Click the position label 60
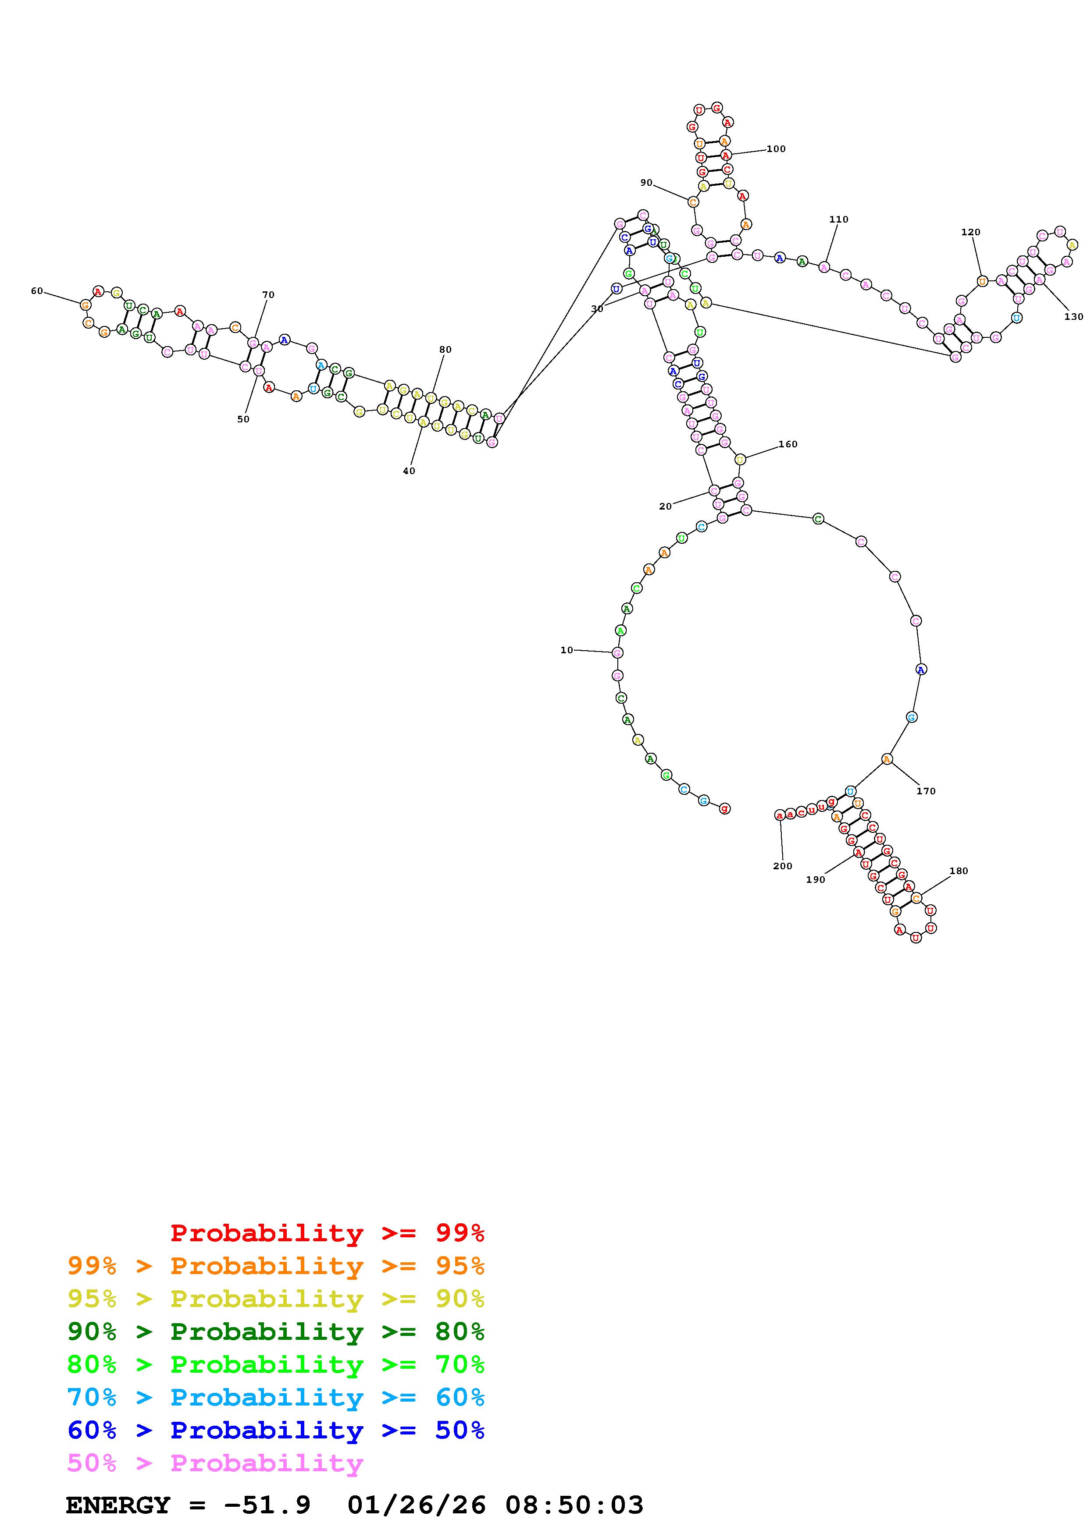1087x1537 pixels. pyautogui.click(x=37, y=291)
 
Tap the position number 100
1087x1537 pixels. pyautogui.click(x=776, y=149)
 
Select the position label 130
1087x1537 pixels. pyautogui.click(x=1073, y=317)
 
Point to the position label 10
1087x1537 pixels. pyautogui.click(x=567, y=650)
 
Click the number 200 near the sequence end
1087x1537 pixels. pyautogui.click(x=782, y=866)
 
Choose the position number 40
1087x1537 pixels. pyautogui.click(x=409, y=471)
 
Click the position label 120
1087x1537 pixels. pyautogui.click(x=970, y=232)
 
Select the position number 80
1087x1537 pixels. pyautogui.click(x=445, y=350)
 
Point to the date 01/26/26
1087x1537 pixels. pyautogui.click(x=417, y=1505)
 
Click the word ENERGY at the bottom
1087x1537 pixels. pyautogui.click(x=118, y=1505)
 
